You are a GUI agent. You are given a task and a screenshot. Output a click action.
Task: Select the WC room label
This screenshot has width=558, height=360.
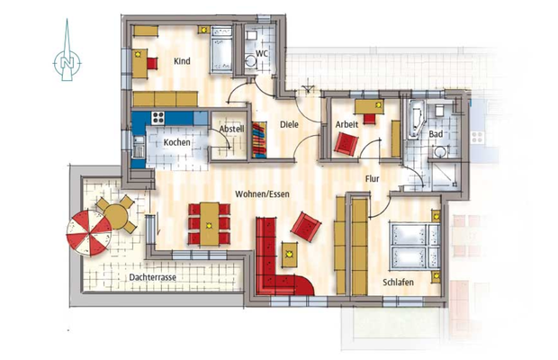pos(262,53)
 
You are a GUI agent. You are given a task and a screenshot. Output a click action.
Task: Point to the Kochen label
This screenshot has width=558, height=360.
pos(176,143)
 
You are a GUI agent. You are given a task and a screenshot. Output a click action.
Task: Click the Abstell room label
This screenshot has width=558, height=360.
pos(231,129)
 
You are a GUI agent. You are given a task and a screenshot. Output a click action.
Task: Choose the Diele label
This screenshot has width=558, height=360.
pos(289,125)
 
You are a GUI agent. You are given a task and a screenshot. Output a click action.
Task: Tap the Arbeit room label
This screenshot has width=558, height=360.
pos(347,123)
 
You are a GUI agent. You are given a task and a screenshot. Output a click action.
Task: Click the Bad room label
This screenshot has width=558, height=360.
pos(436,134)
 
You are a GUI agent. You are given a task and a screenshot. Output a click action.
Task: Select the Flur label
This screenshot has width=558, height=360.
pos(373,179)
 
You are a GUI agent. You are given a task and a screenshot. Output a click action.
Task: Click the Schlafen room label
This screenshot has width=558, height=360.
pos(397,283)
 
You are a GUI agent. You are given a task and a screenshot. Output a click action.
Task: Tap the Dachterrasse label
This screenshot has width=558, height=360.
pos(151,278)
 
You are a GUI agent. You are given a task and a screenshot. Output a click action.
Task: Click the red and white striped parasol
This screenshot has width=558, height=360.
pos(88,232)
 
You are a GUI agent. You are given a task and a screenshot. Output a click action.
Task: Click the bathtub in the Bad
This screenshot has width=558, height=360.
pos(416,120)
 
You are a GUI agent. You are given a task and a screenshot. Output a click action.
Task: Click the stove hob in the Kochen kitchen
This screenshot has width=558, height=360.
pos(158,118)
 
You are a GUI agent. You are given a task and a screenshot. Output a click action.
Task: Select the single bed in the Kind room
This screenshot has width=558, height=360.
pos(221,52)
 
